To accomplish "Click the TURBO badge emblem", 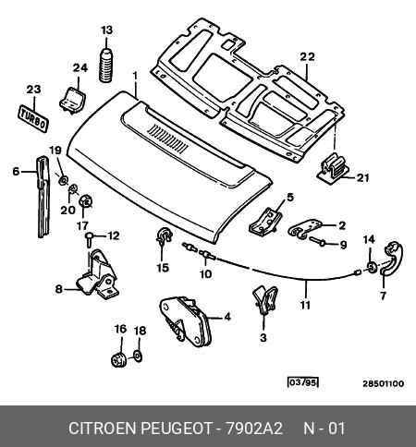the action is [33, 118].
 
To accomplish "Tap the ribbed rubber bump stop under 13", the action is [106, 66].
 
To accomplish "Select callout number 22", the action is [308, 56].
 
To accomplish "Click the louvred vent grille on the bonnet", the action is [168, 139].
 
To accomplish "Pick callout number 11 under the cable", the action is [305, 306].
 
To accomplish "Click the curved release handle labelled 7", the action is [392, 258].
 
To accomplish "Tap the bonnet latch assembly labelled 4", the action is [186, 321].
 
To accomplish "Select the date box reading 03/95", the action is [302, 383].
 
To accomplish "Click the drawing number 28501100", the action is [383, 384].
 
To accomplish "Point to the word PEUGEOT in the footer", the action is [177, 429].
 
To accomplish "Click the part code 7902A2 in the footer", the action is [254, 429].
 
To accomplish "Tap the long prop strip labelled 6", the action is [43, 197].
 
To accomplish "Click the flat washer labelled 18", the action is [139, 356].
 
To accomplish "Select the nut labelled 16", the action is [118, 359].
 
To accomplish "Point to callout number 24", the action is [80, 67].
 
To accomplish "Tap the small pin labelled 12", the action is [89, 239].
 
